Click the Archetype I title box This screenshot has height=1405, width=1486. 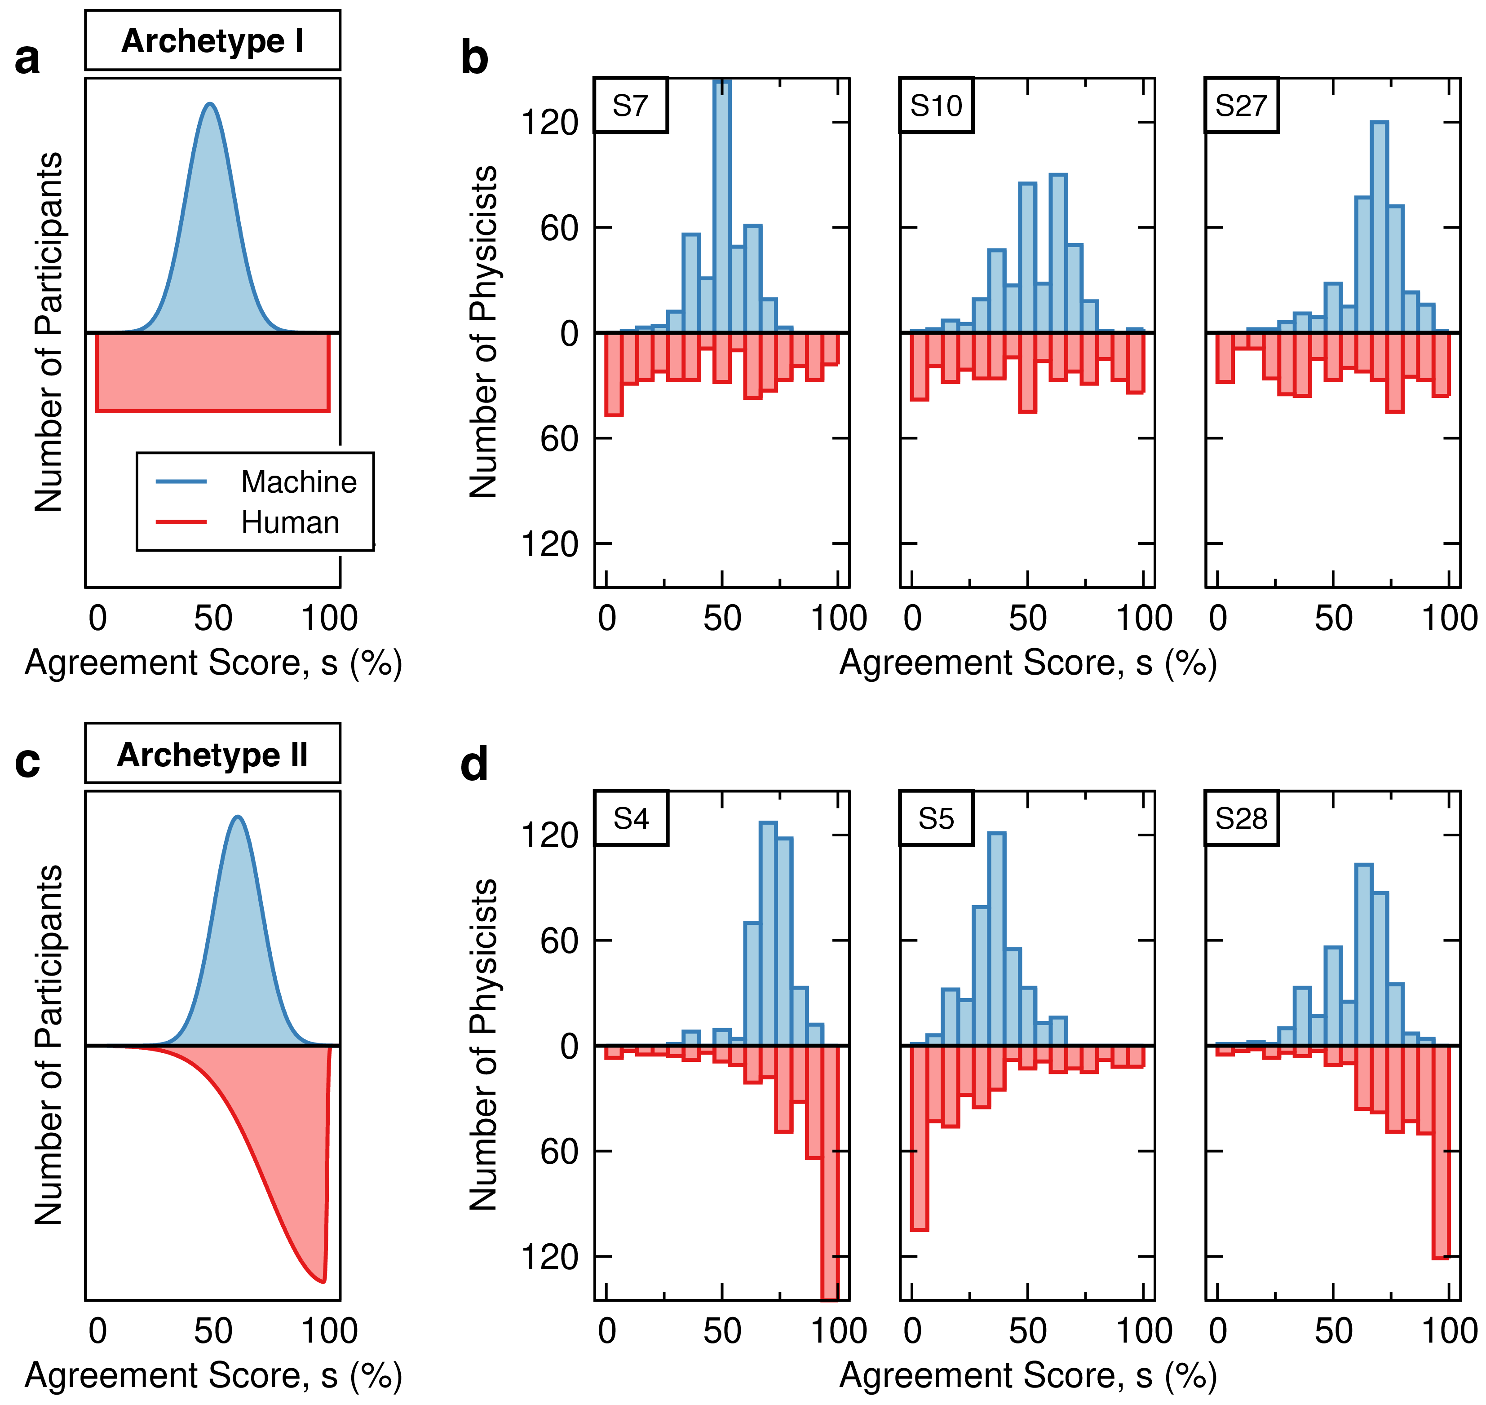[213, 40]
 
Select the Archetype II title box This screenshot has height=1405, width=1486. [213, 753]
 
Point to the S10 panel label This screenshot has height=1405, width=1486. [936, 106]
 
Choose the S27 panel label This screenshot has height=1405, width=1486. [1241, 106]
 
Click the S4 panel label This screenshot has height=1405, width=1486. [631, 818]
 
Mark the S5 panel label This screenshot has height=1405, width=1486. [936, 818]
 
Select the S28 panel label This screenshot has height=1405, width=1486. [1241, 818]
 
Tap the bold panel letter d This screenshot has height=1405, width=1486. [474, 764]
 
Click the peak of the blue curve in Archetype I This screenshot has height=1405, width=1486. [211, 104]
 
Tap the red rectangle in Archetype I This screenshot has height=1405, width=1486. [213, 372]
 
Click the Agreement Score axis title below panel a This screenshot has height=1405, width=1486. [213, 663]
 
